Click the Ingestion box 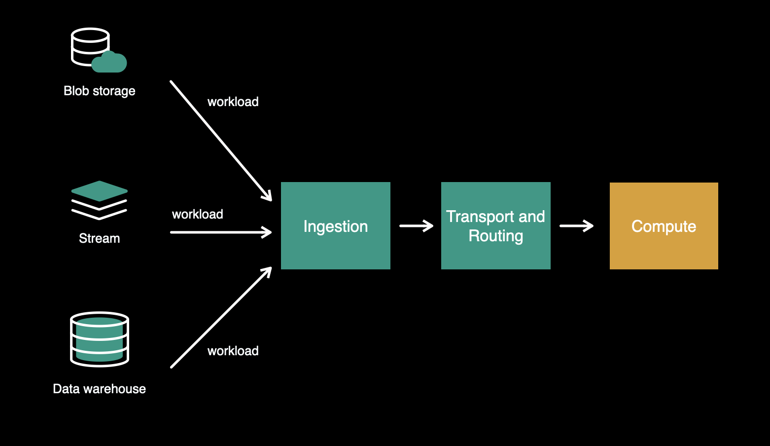click(335, 225)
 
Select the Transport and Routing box click(495, 225)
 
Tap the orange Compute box click(664, 225)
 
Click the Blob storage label click(100, 91)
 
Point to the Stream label click(100, 238)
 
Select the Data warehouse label click(100, 389)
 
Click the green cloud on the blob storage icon click(109, 63)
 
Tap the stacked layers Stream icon click(100, 200)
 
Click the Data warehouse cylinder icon click(100, 339)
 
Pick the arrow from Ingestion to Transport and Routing click(416, 226)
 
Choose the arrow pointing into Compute click(576, 226)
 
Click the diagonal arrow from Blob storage click(220, 141)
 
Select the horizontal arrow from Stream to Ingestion click(220, 232)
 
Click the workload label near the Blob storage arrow click(233, 102)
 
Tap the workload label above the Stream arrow click(198, 214)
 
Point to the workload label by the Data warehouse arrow click(233, 351)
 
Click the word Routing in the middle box click(495, 236)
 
